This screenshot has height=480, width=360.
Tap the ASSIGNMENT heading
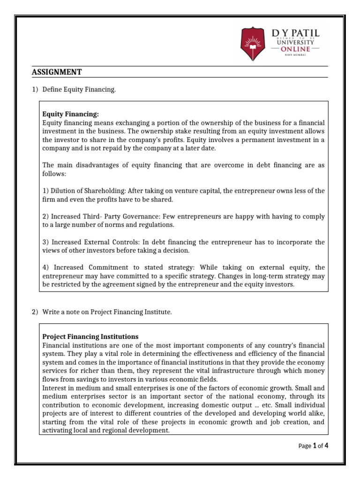(57, 72)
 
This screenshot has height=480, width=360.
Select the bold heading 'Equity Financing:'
(71, 113)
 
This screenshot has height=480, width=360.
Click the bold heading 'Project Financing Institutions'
(90, 337)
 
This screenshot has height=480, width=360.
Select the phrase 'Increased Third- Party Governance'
(94, 217)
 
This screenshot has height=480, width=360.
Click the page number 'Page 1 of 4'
(313, 446)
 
